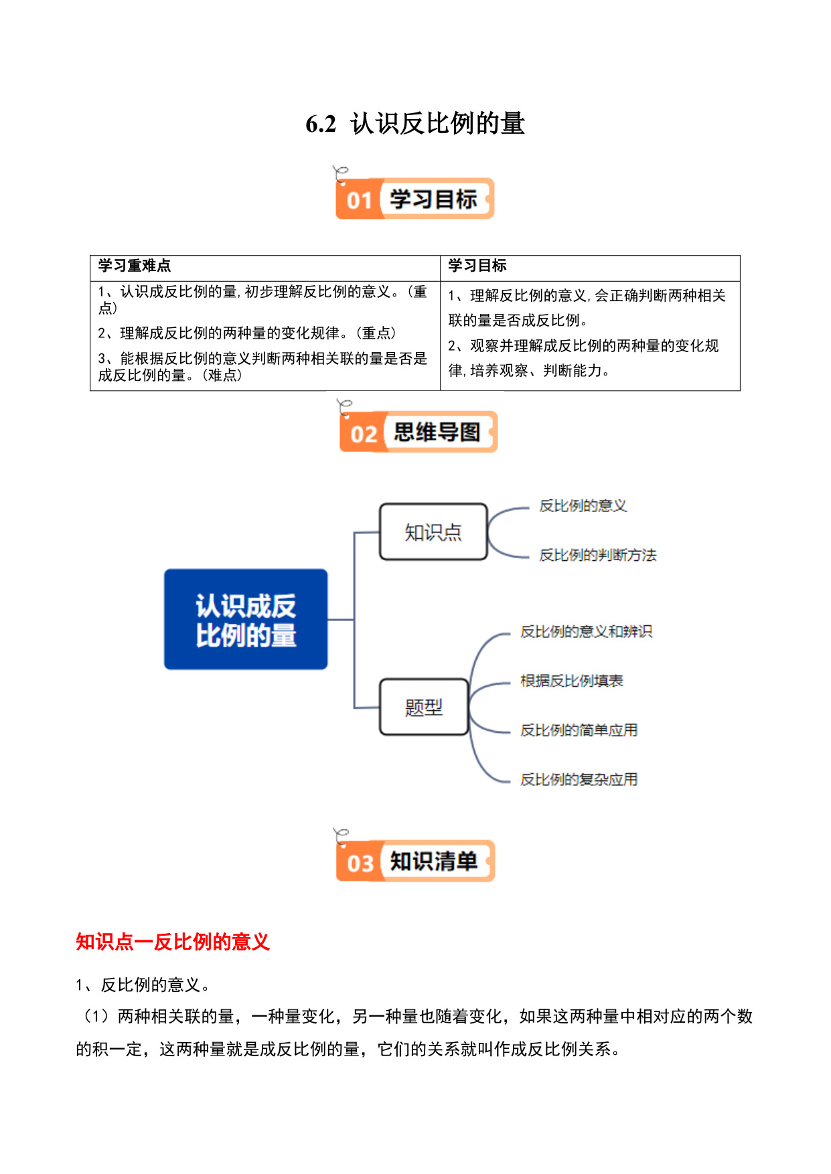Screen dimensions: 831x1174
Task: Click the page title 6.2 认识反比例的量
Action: point(415,124)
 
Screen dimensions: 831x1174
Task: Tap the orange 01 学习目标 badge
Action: point(414,198)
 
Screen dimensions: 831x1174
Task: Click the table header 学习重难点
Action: point(135,266)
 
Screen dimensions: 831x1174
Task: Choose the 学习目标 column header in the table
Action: point(477,266)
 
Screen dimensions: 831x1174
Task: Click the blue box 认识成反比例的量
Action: point(246,619)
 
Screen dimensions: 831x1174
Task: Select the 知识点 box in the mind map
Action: point(433,532)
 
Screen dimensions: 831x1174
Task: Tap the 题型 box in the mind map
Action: point(424,707)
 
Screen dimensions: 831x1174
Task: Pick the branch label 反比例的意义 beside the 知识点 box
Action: point(583,506)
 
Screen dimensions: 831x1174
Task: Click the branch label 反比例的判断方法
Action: point(598,555)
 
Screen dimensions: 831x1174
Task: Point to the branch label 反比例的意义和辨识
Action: point(587,631)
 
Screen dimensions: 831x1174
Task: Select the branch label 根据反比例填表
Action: point(572,681)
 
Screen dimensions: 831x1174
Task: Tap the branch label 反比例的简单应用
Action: point(579,730)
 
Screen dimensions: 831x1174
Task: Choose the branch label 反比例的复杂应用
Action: point(579,779)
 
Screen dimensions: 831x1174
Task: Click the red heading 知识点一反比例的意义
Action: point(173,942)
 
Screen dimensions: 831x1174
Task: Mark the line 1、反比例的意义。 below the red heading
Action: point(144,985)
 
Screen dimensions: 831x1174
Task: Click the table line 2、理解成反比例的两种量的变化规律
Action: point(247,333)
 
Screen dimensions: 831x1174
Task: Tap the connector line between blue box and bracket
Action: point(341,620)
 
